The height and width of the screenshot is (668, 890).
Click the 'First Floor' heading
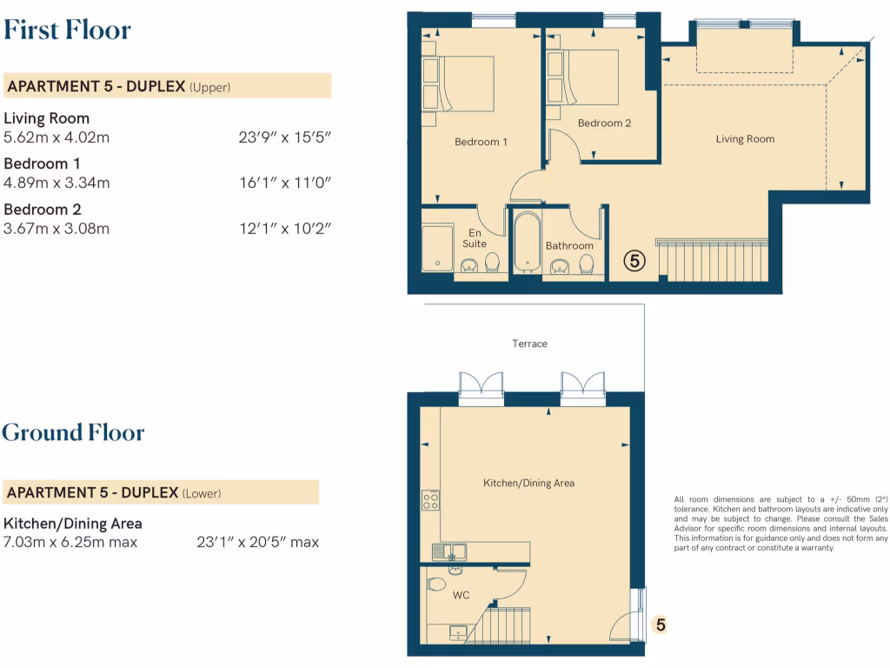pos(67,30)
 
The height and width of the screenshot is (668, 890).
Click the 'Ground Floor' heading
pos(73,432)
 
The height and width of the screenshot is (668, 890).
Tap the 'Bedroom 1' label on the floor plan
pos(481,142)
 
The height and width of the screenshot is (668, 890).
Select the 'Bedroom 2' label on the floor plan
pos(604,124)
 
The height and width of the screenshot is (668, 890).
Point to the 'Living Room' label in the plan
pos(745,139)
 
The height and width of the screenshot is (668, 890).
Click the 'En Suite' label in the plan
pos(475,238)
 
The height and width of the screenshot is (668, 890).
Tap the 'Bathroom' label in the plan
pos(569,246)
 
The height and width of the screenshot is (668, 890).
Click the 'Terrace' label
pos(529,344)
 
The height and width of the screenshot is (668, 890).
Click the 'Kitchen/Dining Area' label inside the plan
pos(528,483)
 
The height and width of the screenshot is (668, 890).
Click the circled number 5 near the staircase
pos(635,260)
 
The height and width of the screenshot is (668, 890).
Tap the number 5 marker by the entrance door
pos(661,625)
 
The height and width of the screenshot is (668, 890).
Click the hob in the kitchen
pos(430,500)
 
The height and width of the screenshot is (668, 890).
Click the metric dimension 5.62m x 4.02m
pos(56,137)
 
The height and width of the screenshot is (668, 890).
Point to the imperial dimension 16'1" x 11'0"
pos(285,183)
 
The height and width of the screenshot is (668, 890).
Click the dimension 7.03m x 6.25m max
pos(70,542)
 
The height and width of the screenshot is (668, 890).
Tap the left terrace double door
pos(481,387)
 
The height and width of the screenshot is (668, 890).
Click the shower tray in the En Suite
pos(437,248)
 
